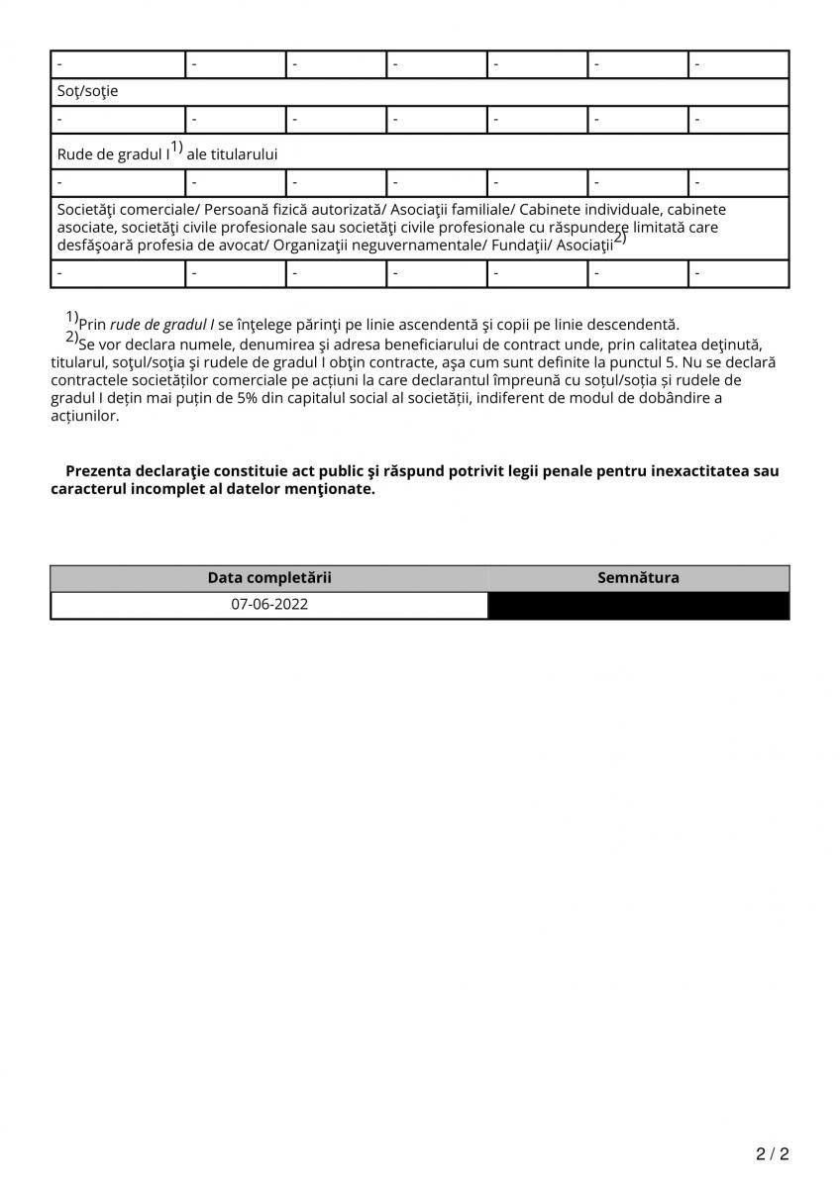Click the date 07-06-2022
(269, 604)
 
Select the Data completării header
(269, 578)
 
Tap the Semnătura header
(639, 578)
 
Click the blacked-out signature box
(639, 605)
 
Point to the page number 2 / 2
(773, 1153)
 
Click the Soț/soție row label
(88, 91)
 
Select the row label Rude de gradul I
(114, 154)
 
